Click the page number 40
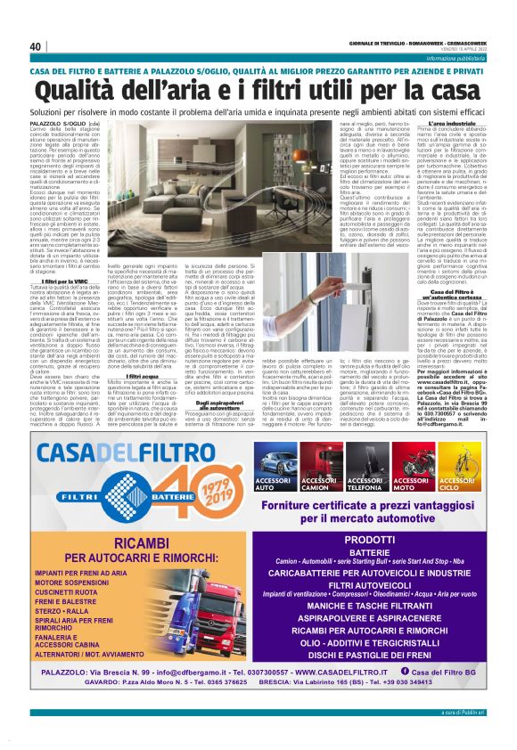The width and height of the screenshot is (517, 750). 37,46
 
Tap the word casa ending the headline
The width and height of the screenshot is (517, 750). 449,91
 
